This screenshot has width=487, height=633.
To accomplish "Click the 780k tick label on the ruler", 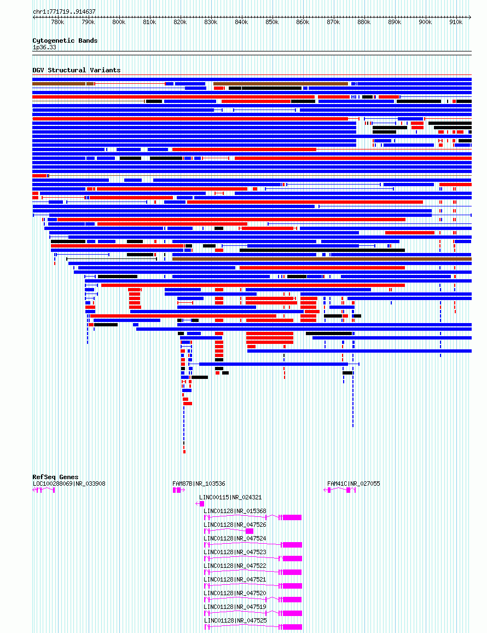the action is point(57,22).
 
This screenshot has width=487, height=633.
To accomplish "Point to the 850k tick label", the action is point(272,22).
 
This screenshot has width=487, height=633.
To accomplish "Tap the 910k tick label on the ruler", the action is point(456,22).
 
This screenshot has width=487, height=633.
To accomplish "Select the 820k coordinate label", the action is point(180,22).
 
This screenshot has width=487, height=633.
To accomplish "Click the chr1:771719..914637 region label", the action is point(64,11).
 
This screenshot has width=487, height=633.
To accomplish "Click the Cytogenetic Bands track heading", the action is point(65,41).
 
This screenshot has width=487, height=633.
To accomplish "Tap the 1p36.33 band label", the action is point(44,47).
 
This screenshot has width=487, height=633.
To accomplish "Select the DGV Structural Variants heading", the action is point(77,70).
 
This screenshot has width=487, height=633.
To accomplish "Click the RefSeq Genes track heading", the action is point(56,477).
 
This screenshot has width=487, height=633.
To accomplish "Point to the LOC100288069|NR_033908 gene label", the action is point(69,484).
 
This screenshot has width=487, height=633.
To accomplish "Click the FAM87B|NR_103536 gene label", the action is point(199,484).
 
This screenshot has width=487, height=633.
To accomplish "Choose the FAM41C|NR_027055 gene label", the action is point(353,484).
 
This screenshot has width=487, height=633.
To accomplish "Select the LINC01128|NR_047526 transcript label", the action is point(235,525).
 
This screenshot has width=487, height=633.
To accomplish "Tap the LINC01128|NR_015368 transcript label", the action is point(235,511).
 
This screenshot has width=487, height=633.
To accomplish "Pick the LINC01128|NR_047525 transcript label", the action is point(235,620).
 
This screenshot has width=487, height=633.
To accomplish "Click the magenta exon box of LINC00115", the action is point(202,504).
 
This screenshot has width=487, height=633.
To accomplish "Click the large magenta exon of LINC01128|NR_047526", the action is point(250,531).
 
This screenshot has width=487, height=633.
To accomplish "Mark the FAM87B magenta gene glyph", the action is point(179,490).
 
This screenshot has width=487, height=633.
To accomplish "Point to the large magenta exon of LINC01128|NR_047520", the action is point(292,600).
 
